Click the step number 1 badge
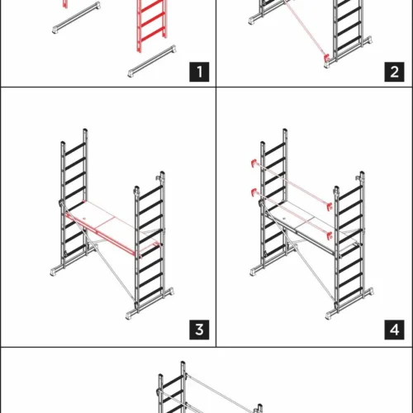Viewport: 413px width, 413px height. [x=199, y=72]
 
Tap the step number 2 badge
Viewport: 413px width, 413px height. [x=394, y=72]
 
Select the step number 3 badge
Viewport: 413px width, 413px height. [x=199, y=330]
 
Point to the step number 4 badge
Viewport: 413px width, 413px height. [x=394, y=330]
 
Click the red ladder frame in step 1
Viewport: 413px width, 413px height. [x=152, y=25]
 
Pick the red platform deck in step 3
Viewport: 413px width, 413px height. [x=113, y=229]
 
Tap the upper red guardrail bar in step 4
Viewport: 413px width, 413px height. [x=292, y=184]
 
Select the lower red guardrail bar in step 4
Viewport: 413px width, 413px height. [x=292, y=213]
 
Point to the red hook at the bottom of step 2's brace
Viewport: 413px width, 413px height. [x=327, y=58]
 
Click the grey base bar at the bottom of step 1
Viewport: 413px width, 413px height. [x=152, y=61]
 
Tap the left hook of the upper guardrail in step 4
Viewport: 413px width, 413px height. [x=254, y=163]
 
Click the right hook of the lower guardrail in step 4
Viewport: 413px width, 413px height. [x=330, y=235]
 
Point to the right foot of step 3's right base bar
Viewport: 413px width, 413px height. [x=170, y=292]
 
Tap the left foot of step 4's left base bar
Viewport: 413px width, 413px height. [x=253, y=272]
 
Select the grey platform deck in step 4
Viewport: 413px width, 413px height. [x=311, y=229]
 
